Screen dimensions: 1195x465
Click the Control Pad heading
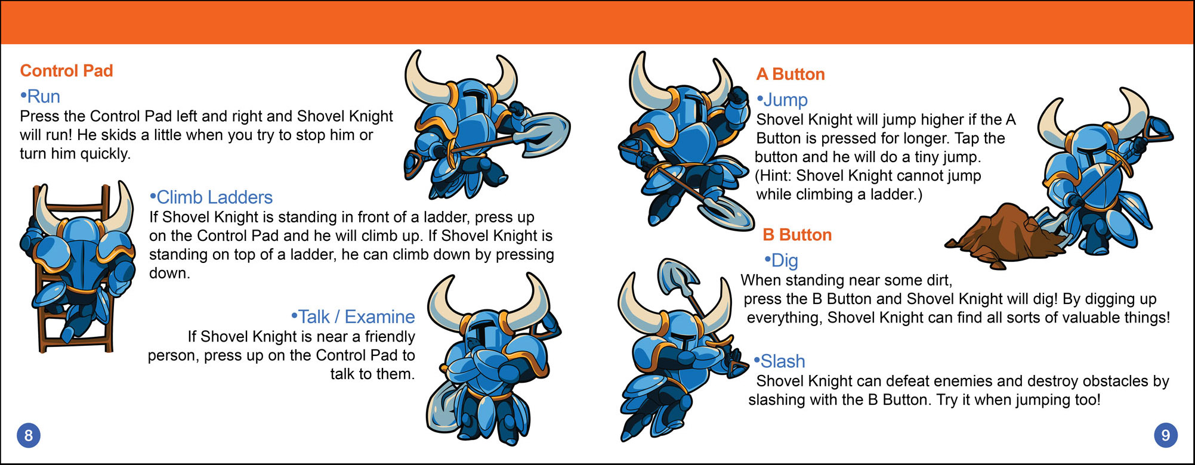click(66, 71)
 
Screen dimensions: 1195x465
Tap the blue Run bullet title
click(40, 97)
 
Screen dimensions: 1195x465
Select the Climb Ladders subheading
click(211, 197)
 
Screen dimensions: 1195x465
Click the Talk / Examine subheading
click(353, 317)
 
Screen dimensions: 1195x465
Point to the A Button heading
click(791, 75)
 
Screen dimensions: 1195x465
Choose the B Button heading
click(797, 235)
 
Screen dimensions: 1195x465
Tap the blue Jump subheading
click(782, 100)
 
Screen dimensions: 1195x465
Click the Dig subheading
click(781, 261)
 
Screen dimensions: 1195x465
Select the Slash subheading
click(779, 361)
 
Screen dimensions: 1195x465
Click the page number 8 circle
click(28, 435)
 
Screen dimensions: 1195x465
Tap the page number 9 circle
click(1166, 435)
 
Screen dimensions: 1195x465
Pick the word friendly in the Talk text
click(390, 337)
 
